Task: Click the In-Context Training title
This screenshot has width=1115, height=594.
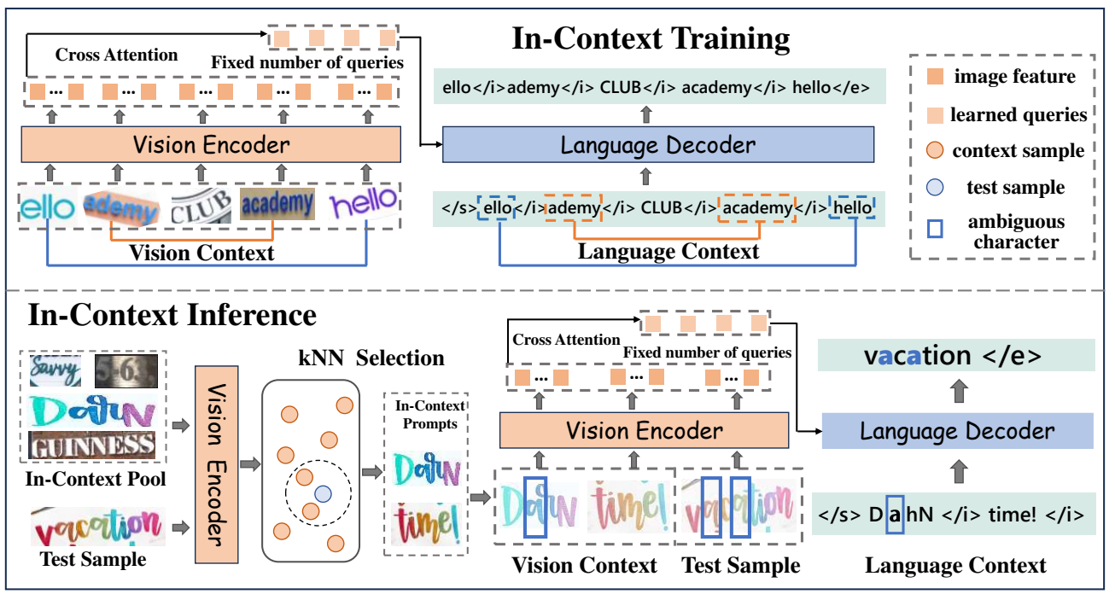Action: [651, 38]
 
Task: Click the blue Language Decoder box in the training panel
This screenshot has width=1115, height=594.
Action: [657, 145]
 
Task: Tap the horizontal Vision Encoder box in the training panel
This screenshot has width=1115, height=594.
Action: [210, 144]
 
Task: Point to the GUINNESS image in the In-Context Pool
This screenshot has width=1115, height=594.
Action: [93, 445]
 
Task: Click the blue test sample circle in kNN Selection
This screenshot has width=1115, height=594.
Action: [321, 493]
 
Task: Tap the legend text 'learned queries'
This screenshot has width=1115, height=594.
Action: [1018, 114]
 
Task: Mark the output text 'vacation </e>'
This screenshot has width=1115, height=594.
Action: [954, 356]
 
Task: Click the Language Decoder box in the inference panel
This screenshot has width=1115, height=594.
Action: [957, 431]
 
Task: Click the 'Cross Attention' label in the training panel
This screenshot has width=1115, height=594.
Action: [117, 55]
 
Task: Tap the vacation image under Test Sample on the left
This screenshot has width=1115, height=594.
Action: [98, 527]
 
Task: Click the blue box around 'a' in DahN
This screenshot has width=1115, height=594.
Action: [894, 515]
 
